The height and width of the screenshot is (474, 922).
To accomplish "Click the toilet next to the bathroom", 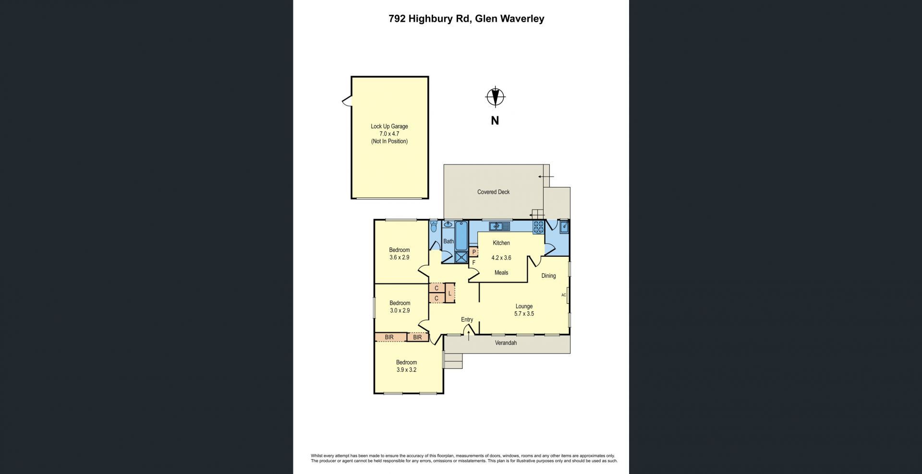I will tap(434, 226).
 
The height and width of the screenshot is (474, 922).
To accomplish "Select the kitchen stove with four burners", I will tap(538, 227).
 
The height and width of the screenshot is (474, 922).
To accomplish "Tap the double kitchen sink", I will tap(498, 226).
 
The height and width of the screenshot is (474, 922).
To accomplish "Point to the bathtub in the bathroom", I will tap(461, 236).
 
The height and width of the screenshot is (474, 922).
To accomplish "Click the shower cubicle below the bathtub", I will tap(461, 258).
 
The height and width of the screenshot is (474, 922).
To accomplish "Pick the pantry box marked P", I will tap(473, 252).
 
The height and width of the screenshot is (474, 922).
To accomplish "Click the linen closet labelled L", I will tap(449, 293).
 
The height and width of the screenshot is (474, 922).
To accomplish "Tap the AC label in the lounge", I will tap(564, 295).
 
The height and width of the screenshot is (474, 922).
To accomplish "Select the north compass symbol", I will tap(495, 97).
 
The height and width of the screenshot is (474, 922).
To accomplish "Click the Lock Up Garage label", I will tap(389, 127).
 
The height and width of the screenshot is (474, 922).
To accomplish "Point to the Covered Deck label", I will tap(493, 192).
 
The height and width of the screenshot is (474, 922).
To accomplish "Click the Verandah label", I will tap(506, 343).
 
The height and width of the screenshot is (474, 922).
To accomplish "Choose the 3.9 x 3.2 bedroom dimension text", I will tap(406, 370).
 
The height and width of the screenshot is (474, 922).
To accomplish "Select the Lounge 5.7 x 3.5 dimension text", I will tap(524, 314).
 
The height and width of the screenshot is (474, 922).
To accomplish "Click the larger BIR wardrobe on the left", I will tap(389, 337).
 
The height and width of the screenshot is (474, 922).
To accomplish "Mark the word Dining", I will tap(548, 276).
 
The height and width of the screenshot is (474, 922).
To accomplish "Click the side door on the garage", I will tap(347, 101).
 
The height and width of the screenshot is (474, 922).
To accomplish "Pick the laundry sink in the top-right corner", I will tap(564, 226).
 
